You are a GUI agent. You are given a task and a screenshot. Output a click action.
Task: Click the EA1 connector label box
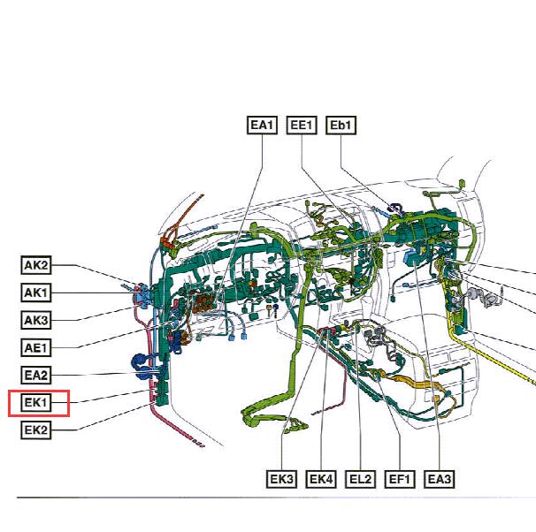point(262,125)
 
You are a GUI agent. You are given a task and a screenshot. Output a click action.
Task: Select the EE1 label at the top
point(301,125)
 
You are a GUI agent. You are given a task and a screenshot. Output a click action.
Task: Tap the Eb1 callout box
point(341,125)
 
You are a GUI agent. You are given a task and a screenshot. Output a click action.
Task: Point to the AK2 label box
point(36,265)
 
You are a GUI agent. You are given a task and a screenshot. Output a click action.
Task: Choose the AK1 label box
point(36,293)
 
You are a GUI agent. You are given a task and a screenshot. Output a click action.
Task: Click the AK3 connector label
point(36,320)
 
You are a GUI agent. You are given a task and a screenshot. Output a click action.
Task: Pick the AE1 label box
point(36,347)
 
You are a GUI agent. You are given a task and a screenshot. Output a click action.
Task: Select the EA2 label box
point(36,376)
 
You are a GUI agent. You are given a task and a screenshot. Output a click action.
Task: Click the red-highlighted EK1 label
point(36,403)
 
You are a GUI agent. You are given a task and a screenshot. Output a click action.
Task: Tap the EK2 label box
point(36,429)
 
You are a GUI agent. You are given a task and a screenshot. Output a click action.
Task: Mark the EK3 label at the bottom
point(281,479)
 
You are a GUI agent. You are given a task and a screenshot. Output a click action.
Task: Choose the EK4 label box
point(321,479)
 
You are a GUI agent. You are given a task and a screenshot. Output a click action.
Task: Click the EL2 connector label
point(360,479)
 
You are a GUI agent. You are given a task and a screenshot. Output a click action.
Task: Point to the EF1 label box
point(400,479)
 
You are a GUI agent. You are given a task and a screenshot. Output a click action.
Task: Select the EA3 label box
point(440,479)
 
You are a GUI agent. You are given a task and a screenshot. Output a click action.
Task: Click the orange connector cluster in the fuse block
point(203,303)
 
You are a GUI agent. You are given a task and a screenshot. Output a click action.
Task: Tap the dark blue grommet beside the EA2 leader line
point(141,367)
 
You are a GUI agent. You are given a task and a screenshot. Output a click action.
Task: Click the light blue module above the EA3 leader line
point(412,257)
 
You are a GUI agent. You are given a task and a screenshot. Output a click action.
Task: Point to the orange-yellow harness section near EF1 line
point(414,382)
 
